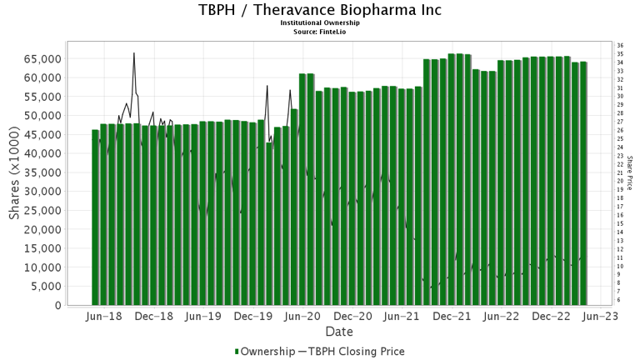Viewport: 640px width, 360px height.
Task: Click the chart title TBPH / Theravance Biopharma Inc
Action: [320, 11]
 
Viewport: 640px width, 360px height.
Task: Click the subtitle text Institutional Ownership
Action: [320, 23]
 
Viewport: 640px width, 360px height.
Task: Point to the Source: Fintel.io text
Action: [320, 32]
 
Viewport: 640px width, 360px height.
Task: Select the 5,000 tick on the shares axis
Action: [46, 286]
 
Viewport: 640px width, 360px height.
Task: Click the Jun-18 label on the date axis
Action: [104, 317]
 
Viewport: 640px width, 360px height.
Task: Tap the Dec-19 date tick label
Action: [253, 317]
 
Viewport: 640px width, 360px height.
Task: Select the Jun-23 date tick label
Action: [600, 317]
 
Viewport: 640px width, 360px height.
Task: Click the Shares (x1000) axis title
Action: [16, 173]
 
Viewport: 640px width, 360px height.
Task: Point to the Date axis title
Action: [338, 332]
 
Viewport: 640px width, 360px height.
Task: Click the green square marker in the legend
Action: [237, 351]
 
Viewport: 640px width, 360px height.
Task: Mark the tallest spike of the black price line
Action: [134, 53]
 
